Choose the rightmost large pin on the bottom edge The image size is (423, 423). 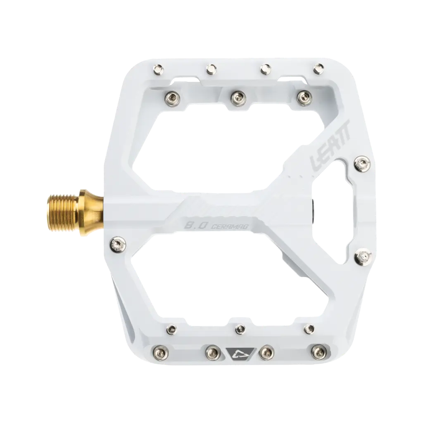(x=317, y=351)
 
